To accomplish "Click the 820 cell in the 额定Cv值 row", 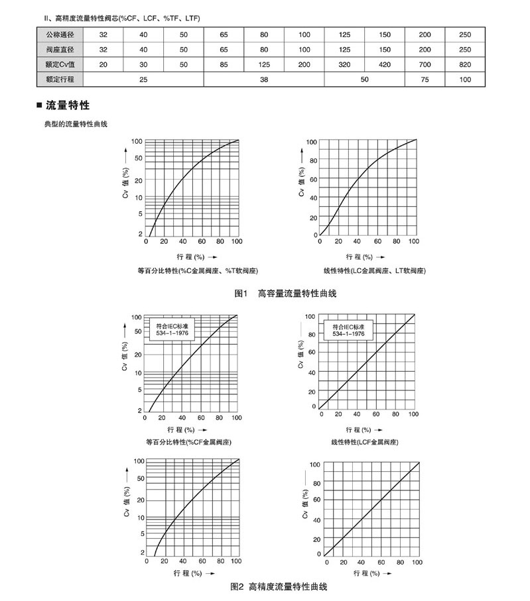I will pos(464,64).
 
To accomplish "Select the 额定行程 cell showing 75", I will pos(425,79).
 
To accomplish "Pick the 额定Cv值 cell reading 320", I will pos(344,64).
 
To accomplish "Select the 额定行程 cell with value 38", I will pos(264,79).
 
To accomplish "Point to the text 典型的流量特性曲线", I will pos(75,124).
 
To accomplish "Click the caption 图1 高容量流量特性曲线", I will pos(285,293).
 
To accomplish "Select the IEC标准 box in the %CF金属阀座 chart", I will pos(172,329).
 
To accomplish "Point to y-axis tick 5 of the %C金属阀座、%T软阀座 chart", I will pos(140,213).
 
